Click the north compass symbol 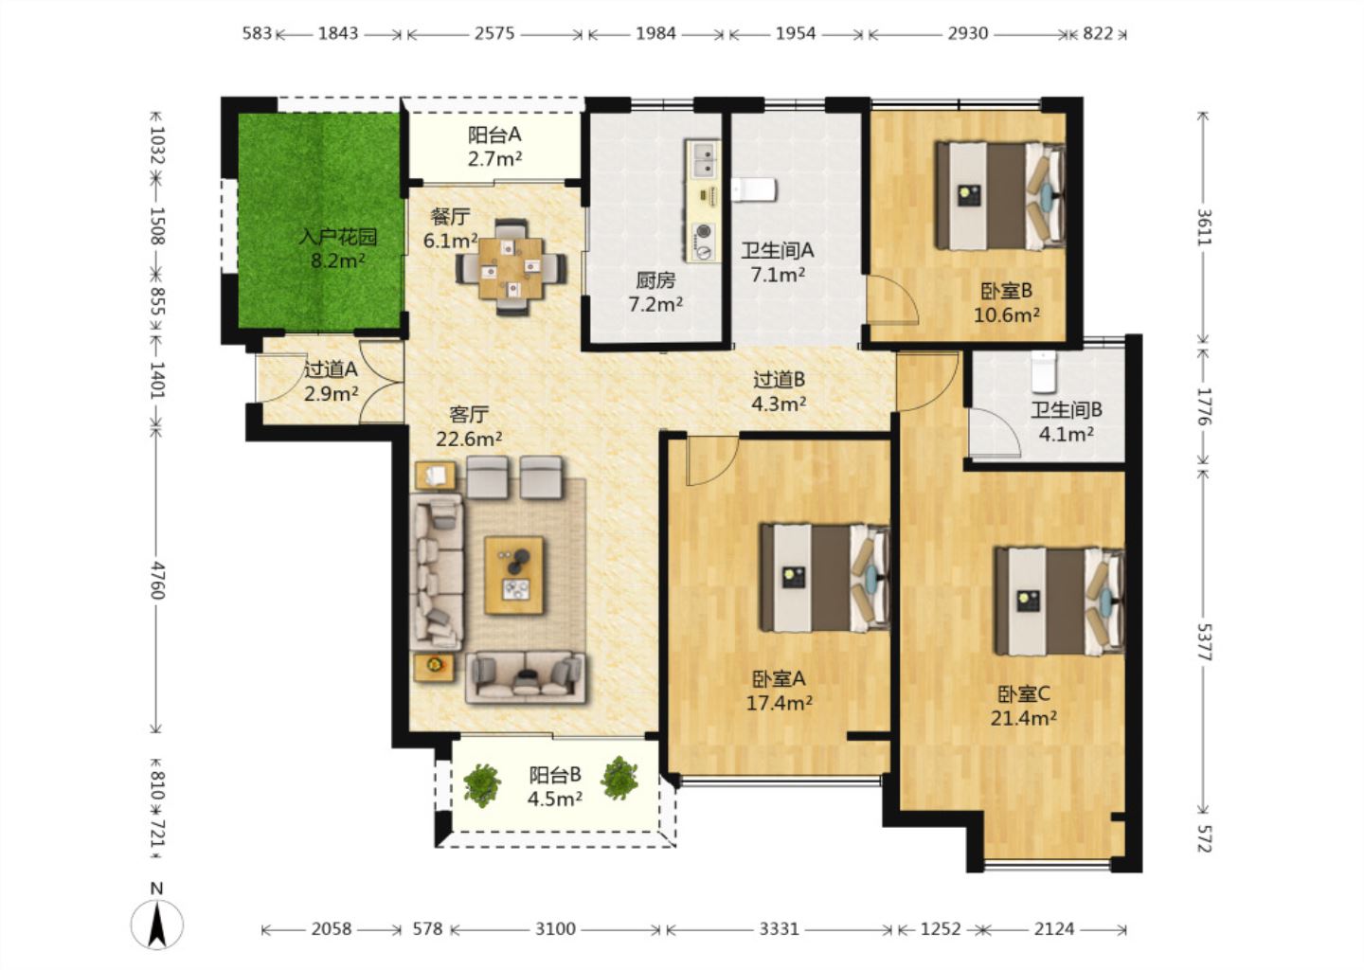[157, 924]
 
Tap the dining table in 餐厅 [511, 268]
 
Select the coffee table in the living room [514, 575]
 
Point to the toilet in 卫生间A [753, 189]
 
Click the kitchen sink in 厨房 [703, 159]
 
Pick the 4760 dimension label [157, 581]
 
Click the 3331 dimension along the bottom [779, 929]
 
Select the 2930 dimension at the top [968, 33]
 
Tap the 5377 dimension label [1205, 642]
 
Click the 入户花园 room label [338, 236]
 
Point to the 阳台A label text [494, 134]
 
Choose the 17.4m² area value [779, 703]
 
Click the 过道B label [779, 379]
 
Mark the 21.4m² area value [1023, 719]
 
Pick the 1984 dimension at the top [655, 33]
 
